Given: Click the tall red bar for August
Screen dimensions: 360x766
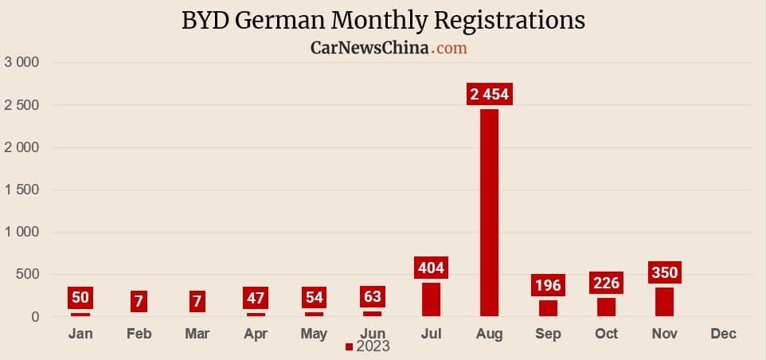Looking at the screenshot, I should tap(489, 213).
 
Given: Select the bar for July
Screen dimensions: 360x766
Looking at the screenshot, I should tap(431, 299).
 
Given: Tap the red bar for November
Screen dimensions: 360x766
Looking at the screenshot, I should tap(664, 302).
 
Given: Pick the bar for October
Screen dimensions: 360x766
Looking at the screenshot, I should tap(606, 307).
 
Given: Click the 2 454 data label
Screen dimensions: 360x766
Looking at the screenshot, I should tap(489, 94).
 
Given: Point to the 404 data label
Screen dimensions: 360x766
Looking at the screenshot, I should tap(431, 267).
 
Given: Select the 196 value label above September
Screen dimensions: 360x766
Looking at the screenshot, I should tap(548, 285).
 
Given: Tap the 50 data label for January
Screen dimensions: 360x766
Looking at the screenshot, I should tap(80, 298).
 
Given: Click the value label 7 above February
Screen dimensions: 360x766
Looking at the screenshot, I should tap(139, 302).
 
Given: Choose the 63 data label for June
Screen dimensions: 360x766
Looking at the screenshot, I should tap(372, 297).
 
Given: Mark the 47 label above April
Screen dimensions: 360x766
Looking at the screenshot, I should tap(256, 299).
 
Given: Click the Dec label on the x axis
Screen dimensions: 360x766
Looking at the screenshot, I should tap(723, 334).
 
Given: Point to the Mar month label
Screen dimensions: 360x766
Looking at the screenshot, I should tap(197, 334).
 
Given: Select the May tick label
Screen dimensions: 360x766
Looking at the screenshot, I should tap(314, 334).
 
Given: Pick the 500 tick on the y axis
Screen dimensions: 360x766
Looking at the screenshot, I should tap(28, 275).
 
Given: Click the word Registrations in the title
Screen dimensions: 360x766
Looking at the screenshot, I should tap(495, 20).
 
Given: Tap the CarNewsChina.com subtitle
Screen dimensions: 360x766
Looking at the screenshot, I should tap(388, 48).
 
